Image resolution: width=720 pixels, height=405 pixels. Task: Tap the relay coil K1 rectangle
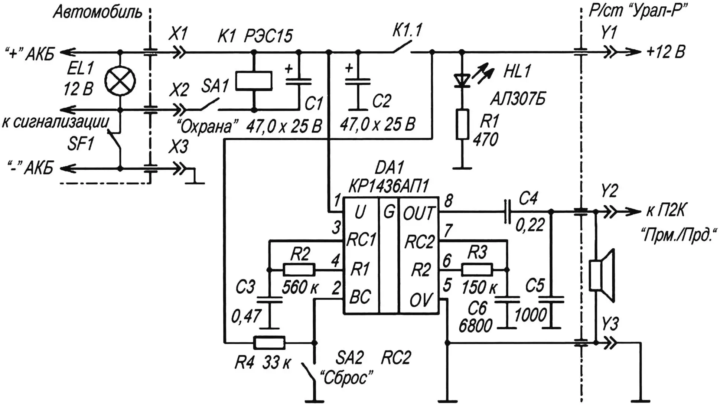pyautogui.click(x=254, y=81)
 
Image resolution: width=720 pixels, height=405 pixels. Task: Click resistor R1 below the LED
pyautogui.click(x=462, y=124)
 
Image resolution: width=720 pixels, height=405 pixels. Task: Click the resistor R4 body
pyautogui.click(x=269, y=342)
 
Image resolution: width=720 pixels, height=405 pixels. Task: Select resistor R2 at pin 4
pyautogui.click(x=299, y=270)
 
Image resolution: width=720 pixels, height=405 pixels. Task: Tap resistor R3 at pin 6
pyautogui.click(x=477, y=270)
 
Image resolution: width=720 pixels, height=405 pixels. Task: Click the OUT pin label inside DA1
pyautogui.click(x=418, y=213)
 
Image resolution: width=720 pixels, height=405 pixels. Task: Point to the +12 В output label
pyautogui.click(x=665, y=52)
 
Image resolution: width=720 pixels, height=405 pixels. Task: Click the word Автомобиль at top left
pyautogui.click(x=97, y=12)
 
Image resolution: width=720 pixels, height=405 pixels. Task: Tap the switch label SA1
pyautogui.click(x=215, y=86)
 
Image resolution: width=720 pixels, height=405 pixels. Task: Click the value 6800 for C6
pyautogui.click(x=475, y=326)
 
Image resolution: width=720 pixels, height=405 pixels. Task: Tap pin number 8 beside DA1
pyautogui.click(x=449, y=201)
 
